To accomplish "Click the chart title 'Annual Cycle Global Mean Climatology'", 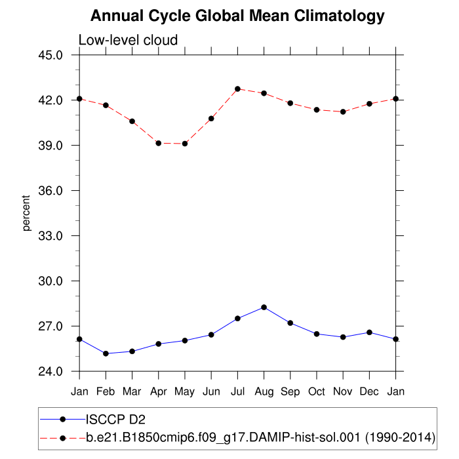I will [x=237, y=15].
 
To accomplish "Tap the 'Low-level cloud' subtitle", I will [x=128, y=41].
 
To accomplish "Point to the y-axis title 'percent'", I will [x=27, y=213].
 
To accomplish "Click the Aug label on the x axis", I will [x=264, y=391].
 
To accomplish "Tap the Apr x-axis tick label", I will [x=159, y=391].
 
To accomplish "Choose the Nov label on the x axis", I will [x=343, y=391].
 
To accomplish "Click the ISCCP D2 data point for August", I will [x=264, y=307].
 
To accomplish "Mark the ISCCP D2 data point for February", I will [x=106, y=353].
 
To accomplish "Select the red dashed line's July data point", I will [x=237, y=89].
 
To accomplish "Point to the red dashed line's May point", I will [x=185, y=144].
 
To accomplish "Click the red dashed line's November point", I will [x=343, y=112].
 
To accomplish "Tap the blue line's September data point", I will [x=290, y=323].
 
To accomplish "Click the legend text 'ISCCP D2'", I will [x=116, y=418].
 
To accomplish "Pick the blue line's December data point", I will [x=369, y=332].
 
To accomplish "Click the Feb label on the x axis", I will [x=106, y=391].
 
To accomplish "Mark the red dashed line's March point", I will [x=132, y=121].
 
